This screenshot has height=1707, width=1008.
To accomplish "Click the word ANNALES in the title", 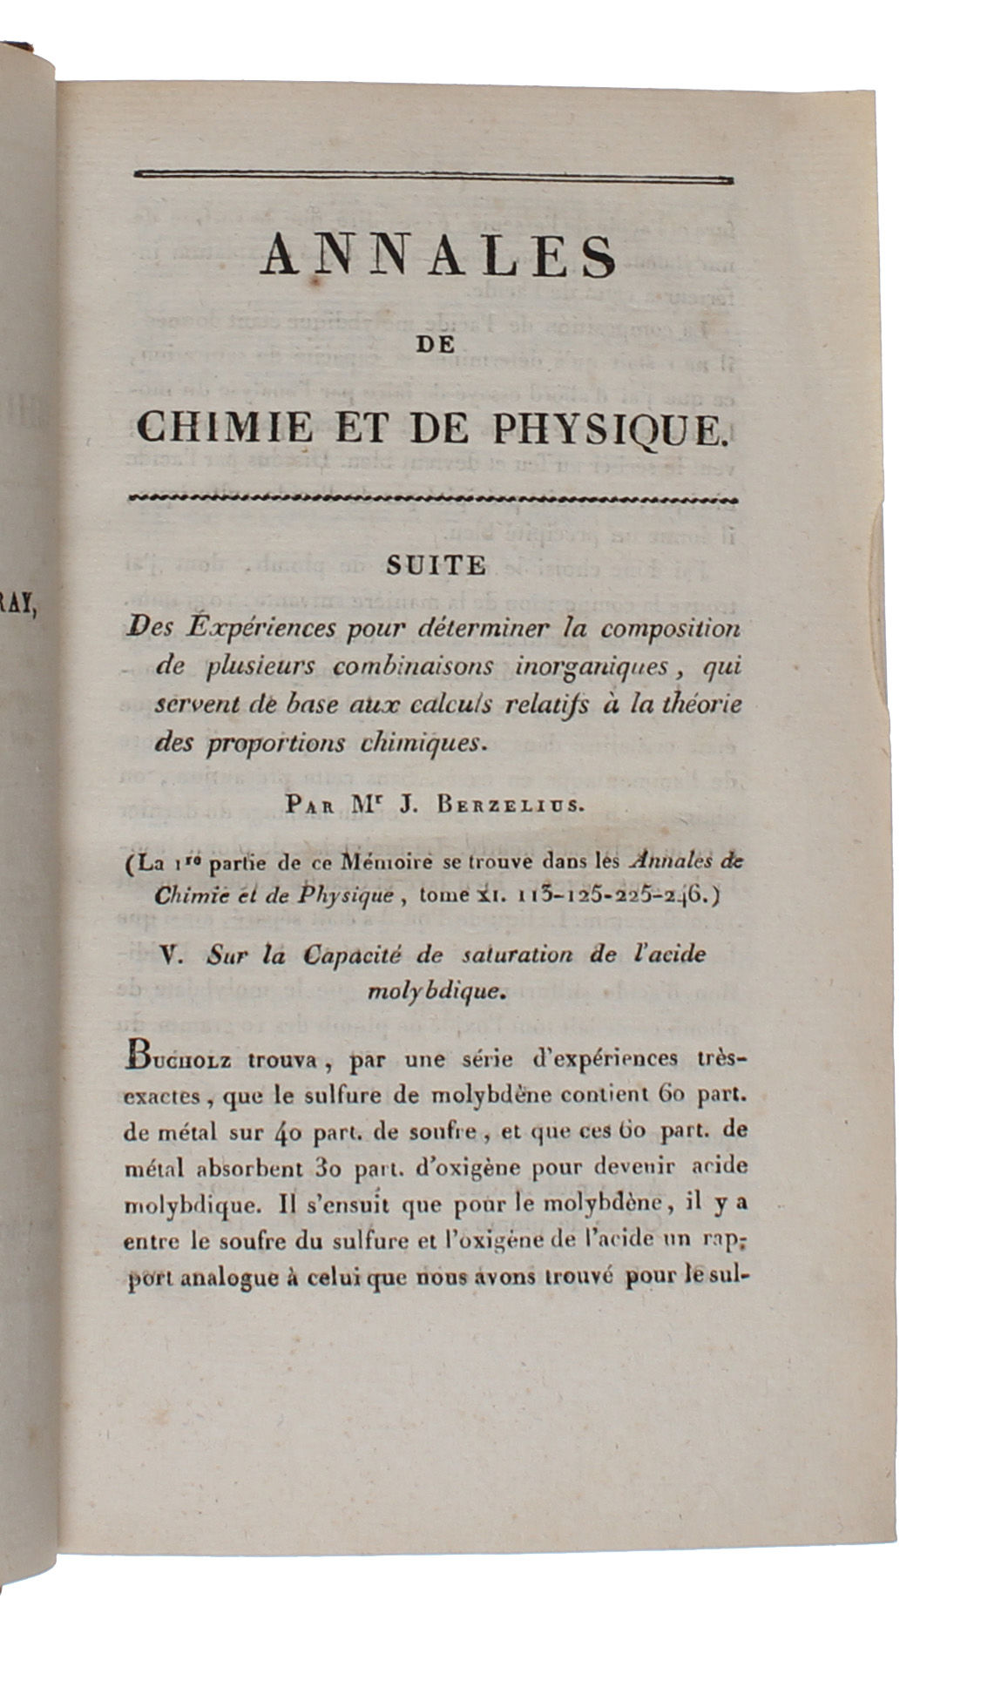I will pyautogui.click(x=438, y=256).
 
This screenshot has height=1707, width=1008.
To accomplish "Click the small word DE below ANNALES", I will pyautogui.click(x=436, y=345).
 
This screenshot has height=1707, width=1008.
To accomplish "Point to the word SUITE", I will pyautogui.click(x=436, y=566).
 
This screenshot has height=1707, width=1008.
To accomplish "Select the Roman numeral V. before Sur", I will pyautogui.click(x=173, y=955).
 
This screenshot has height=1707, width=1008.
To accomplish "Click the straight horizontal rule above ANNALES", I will pyautogui.click(x=433, y=178).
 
